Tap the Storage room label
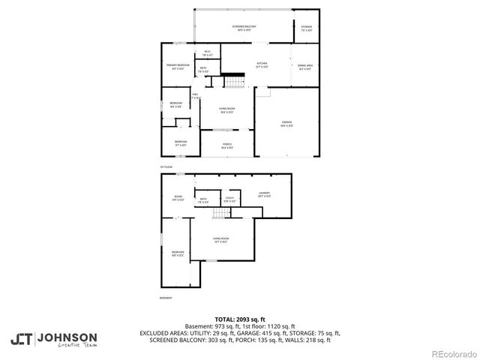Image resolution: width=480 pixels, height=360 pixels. click(x=307, y=28)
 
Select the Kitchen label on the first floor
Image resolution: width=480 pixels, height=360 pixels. click(x=262, y=64)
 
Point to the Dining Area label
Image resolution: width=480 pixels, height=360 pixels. click(x=304, y=67)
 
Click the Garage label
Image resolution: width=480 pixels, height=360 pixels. click(x=287, y=124)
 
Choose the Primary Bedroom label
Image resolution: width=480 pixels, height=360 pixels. click(x=177, y=67)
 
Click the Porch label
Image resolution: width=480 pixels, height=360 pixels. click(x=227, y=145)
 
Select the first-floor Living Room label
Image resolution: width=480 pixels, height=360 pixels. click(x=227, y=111)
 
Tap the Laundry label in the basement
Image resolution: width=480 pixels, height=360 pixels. click(x=264, y=194)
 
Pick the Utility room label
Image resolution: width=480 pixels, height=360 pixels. click(x=230, y=200)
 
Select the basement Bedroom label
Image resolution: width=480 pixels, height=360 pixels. click(x=178, y=253)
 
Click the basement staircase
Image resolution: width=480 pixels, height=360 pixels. click(x=220, y=215)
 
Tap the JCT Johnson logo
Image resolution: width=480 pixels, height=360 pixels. click(x=53, y=340)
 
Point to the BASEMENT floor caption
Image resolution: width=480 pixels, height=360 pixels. click(x=166, y=299)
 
